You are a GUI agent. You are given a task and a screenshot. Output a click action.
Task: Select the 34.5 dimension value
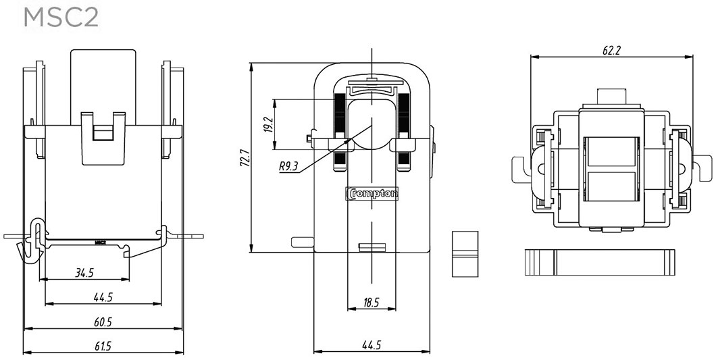(84, 274)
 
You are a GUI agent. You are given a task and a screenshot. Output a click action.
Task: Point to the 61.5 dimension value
(103, 346)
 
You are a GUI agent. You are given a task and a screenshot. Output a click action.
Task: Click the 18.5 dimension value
(371, 303)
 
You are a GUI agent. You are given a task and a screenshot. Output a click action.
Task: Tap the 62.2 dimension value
(612, 51)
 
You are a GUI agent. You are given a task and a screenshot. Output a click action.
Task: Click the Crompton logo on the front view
(372, 194)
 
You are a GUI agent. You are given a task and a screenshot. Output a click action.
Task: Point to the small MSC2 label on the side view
(101, 241)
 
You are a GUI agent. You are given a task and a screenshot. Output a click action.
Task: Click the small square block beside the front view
(464, 254)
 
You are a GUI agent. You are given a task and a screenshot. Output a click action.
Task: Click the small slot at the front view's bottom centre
(371, 247)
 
